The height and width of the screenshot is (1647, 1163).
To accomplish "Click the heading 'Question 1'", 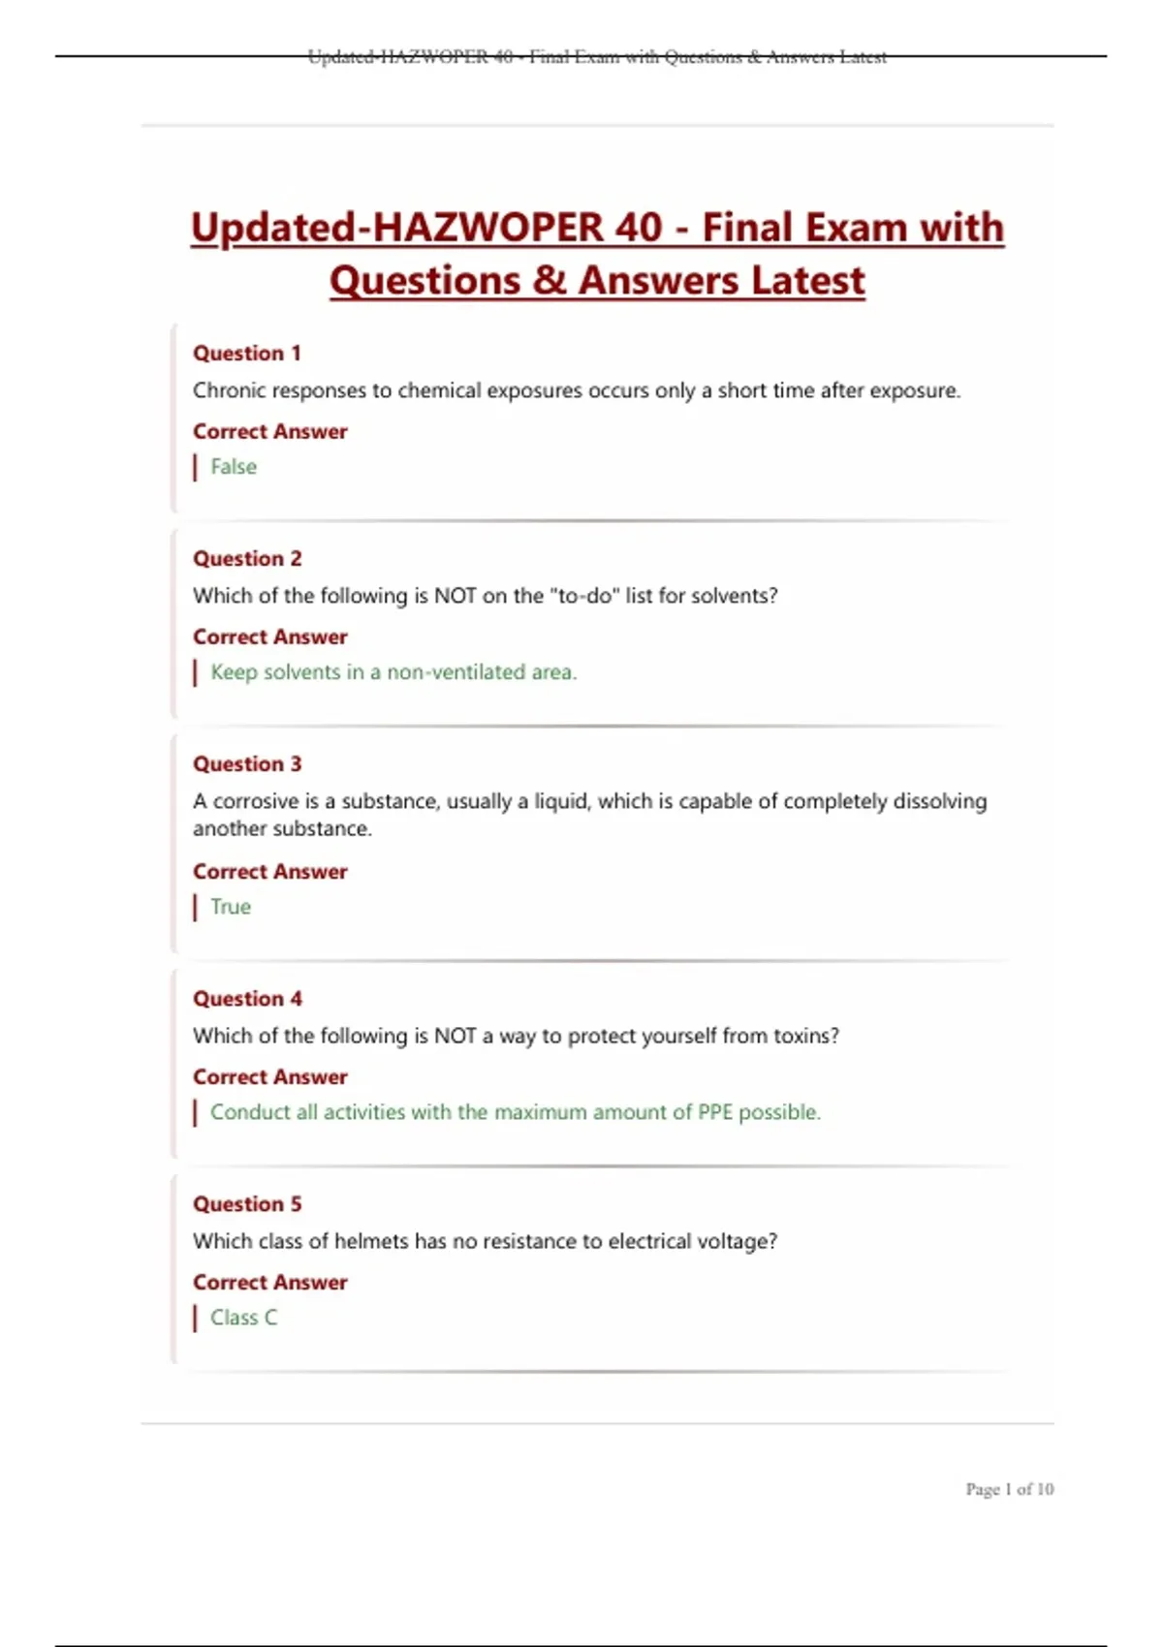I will pyautogui.click(x=246, y=354).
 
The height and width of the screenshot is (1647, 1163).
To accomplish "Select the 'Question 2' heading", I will pyautogui.click(x=247, y=559).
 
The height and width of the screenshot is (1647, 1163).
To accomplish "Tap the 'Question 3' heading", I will pyautogui.click(x=247, y=764).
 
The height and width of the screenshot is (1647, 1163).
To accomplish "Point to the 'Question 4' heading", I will pyautogui.click(x=247, y=999).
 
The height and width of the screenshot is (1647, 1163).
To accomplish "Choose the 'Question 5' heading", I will pyautogui.click(x=247, y=1204).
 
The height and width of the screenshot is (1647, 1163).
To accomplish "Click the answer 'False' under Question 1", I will pyautogui.click(x=234, y=467).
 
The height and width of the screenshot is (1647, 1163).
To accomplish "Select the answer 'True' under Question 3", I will pyautogui.click(x=231, y=907).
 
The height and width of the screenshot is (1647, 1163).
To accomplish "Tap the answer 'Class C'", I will pyautogui.click(x=243, y=1318).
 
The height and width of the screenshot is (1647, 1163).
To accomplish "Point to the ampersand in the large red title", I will pyautogui.click(x=550, y=281).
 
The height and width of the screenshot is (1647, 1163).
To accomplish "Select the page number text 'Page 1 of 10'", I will pyautogui.click(x=1009, y=1489).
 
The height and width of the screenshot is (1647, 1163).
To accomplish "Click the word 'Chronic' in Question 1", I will pyautogui.click(x=228, y=390).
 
